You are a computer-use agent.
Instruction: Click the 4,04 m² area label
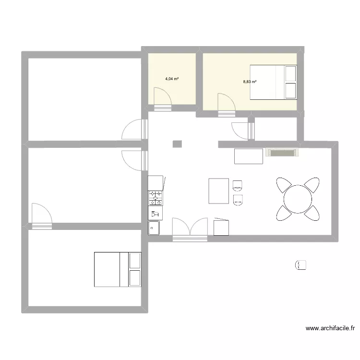(x=172, y=79)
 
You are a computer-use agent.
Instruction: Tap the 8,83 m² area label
(x=250, y=82)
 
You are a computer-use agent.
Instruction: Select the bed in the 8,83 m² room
(x=273, y=82)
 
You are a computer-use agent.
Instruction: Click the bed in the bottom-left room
(x=118, y=269)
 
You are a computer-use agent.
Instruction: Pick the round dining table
(x=298, y=199)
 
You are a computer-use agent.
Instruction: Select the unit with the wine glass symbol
(x=155, y=213)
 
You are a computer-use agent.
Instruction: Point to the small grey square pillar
(x=177, y=144)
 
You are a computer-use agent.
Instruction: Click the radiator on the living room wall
(x=281, y=153)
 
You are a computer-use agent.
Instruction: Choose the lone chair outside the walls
(x=301, y=264)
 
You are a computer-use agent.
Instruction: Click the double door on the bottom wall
(x=190, y=228)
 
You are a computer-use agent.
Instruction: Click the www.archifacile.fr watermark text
(x=331, y=329)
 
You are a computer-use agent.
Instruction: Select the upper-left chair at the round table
(x=283, y=184)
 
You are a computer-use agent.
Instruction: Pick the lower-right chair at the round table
(x=312, y=213)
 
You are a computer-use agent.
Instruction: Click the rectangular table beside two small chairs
(x=218, y=191)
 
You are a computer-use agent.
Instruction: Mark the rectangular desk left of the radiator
(x=248, y=156)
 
